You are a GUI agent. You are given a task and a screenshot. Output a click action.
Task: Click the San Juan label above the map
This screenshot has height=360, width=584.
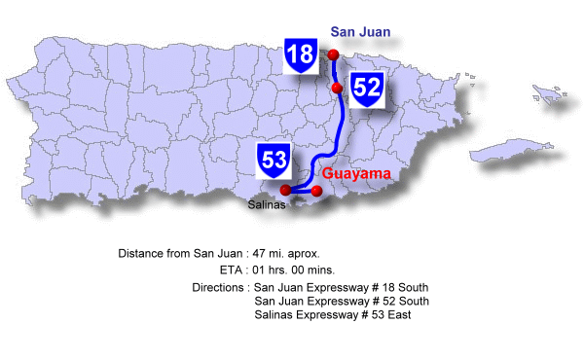(x=360, y=32)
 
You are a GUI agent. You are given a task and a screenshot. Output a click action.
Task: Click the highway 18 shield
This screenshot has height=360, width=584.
(x=301, y=54)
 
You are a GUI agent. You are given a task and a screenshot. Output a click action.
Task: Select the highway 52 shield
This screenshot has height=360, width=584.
(x=367, y=88)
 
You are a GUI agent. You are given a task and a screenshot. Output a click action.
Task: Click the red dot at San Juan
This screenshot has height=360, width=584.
(x=334, y=54)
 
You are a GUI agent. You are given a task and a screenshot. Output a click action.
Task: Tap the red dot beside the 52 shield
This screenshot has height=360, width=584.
(x=337, y=89)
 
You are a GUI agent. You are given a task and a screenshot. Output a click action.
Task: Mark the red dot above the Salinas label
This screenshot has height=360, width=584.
(x=285, y=190)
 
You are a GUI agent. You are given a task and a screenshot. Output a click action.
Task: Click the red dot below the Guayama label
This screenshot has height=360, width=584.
(x=316, y=191)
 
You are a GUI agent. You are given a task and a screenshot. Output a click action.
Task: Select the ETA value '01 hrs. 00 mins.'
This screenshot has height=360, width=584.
(x=293, y=270)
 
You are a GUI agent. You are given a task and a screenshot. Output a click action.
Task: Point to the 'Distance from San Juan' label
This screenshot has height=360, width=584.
(x=178, y=253)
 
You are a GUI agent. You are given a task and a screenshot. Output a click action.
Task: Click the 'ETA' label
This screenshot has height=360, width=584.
(x=232, y=270)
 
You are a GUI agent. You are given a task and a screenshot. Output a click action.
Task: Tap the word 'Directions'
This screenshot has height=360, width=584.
(x=218, y=288)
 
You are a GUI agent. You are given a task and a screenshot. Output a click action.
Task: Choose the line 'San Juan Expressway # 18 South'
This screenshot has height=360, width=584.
(x=340, y=288)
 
